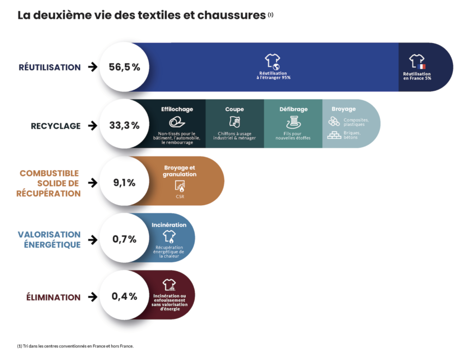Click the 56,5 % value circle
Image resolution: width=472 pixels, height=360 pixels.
(x=124, y=67)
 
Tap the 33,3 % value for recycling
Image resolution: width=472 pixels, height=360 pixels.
(x=124, y=125)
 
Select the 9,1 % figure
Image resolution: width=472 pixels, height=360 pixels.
(x=124, y=183)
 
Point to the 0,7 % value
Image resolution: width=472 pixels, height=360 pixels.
(x=124, y=239)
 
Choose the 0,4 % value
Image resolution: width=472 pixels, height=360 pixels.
(x=124, y=296)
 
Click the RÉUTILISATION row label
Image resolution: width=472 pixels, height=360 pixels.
(x=50, y=67)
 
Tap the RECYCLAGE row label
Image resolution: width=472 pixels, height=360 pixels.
(x=56, y=126)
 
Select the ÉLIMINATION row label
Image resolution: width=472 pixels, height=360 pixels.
(x=53, y=297)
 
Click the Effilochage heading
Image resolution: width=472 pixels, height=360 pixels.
(x=177, y=109)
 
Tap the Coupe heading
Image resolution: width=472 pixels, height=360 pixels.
(x=235, y=109)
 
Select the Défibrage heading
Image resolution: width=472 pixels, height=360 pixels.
(x=293, y=109)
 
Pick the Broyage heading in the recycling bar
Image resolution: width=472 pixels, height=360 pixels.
(x=343, y=109)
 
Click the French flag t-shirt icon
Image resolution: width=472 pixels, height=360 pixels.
(x=417, y=61)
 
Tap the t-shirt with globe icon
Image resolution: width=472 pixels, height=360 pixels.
(x=272, y=61)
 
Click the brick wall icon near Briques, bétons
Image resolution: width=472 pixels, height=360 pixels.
(x=334, y=135)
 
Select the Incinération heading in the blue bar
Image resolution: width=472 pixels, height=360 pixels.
(x=169, y=225)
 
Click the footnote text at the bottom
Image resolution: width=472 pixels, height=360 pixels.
(x=75, y=346)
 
